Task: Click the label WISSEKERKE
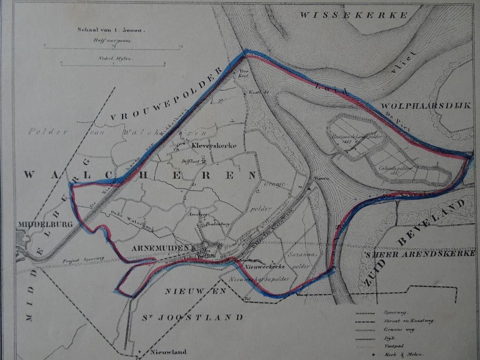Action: pyautogui.click(x=353, y=15)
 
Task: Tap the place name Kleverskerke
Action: pyautogui.click(x=214, y=146)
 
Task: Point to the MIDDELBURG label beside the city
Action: pyautogui.click(x=46, y=225)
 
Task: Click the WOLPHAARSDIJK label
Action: pyautogui.click(x=425, y=106)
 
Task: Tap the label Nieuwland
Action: pyautogui.click(x=168, y=352)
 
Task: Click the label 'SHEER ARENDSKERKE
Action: pyautogui.click(x=420, y=254)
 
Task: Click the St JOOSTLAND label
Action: pyautogui.click(x=193, y=317)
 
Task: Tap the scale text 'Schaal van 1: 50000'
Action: pyautogui.click(x=111, y=30)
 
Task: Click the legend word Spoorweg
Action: pyautogui.click(x=395, y=312)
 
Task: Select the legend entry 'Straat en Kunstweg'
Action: pyautogui.click(x=408, y=321)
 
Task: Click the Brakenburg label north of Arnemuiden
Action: pyautogui.click(x=216, y=225)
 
